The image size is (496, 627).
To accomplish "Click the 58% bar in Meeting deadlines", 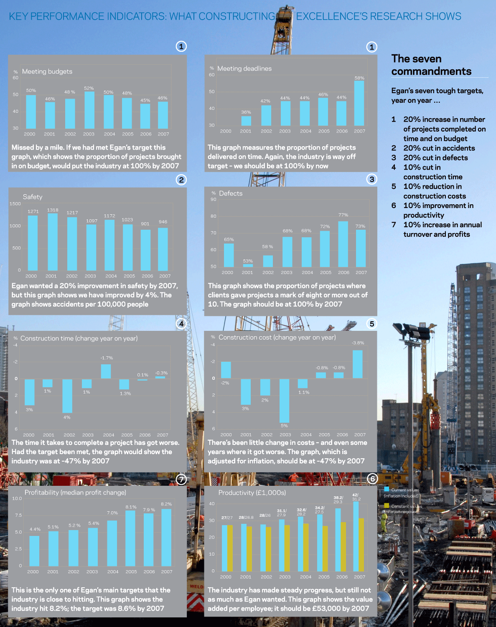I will point(359,103).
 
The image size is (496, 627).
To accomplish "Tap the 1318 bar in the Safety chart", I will point(53,242).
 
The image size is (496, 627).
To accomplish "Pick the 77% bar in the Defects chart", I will point(343,244).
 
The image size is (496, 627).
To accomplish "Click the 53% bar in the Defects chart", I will point(248,265).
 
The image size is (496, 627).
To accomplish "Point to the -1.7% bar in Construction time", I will point(106,371).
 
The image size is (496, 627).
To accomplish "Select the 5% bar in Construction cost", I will point(284,401).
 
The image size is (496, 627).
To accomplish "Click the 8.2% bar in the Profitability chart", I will point(166,537).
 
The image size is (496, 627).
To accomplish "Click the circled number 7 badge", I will point(181,480).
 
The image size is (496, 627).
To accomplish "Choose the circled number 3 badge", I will point(371,180).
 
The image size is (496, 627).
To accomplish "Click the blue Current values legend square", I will point(387,489).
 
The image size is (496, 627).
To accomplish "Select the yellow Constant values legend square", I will point(387,505).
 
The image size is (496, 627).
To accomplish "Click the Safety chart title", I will point(33,197).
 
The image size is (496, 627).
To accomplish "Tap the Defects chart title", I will point(231,193).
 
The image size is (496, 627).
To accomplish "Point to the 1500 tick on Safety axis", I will point(15,204).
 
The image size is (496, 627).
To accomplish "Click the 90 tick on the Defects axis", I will point(214,199).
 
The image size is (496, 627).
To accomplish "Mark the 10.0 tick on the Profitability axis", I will point(17,498).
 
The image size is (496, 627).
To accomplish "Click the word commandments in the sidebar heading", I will point(431,71).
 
